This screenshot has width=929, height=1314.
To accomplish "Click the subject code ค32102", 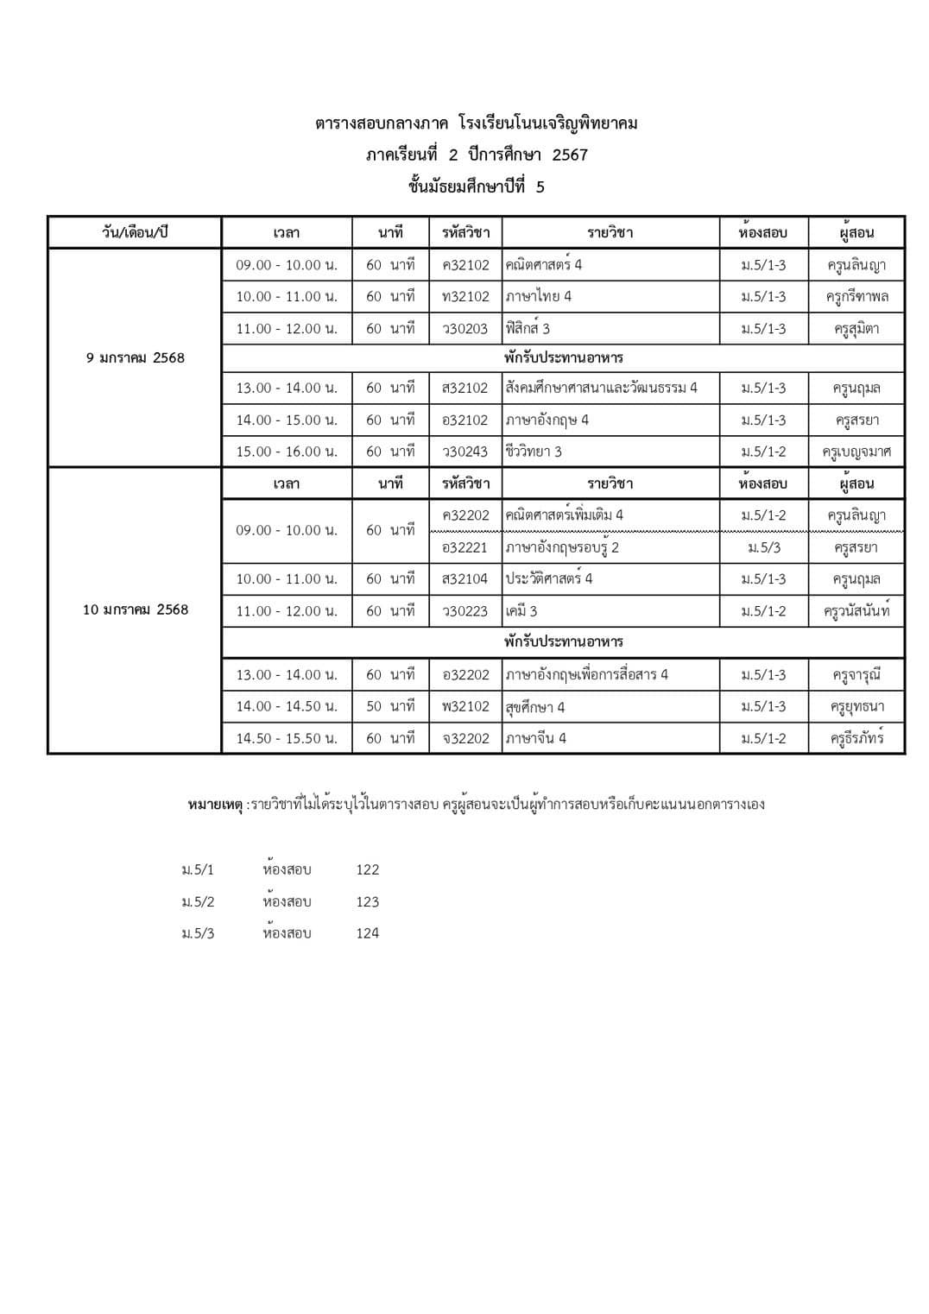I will point(465,265).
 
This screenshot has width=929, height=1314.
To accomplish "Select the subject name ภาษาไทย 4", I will point(539,296).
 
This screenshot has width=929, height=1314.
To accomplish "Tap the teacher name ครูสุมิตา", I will point(856,329).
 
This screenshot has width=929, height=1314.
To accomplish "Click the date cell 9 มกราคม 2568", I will point(136,358).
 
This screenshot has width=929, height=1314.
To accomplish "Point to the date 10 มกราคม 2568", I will point(136,610).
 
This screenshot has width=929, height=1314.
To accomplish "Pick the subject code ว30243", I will point(465,452).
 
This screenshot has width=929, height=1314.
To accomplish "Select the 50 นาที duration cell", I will point(390,706).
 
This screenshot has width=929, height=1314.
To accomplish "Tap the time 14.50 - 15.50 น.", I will point(287,738).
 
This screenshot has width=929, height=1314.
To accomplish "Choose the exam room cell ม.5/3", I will point(764,547).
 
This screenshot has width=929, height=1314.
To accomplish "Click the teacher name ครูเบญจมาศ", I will point(856,452).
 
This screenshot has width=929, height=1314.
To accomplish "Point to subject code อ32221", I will point(465,547).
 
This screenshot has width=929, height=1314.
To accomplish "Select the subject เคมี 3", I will point(521,611).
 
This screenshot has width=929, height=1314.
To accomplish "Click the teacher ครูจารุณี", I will point(856,675).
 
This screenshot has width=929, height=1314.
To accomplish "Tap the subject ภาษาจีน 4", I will point(536,738).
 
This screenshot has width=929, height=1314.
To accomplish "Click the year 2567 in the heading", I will point(570,155).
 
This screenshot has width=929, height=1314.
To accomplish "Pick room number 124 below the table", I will point(368,933).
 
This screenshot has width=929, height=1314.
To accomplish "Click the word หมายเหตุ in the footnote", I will point(215,805).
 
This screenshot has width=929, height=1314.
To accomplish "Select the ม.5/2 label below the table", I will point(198,902).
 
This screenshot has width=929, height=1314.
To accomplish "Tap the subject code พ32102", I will point(465,706).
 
